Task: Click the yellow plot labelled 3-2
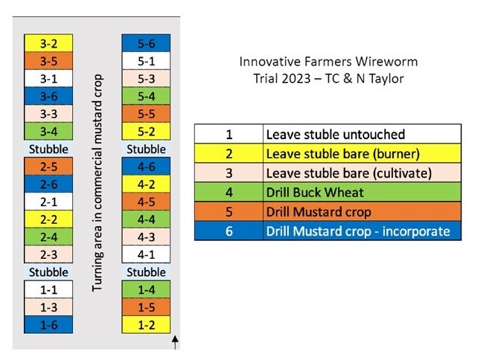click(48, 43)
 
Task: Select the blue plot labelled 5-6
click(146, 43)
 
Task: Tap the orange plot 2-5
click(48, 167)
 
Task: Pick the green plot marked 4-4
click(146, 219)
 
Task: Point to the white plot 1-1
click(48, 289)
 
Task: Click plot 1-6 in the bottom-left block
click(48, 324)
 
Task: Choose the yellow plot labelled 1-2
click(146, 324)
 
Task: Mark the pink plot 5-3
click(146, 78)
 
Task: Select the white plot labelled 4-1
click(146, 254)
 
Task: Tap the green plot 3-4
click(48, 131)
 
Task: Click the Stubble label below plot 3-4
click(48, 149)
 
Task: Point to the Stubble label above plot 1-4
click(146, 272)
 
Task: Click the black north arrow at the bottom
click(175, 343)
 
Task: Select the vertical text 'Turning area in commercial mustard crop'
click(98, 183)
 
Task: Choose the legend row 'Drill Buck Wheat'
click(328, 192)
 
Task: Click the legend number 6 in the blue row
click(229, 231)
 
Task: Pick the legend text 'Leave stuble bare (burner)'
click(343, 154)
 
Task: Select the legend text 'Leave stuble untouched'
click(336, 135)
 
